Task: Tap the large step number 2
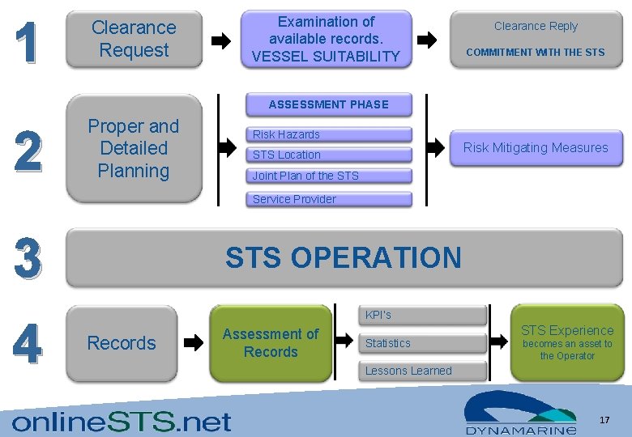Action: click(x=27, y=151)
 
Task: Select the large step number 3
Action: click(x=27, y=258)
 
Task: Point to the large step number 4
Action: click(x=27, y=343)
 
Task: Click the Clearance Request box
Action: click(x=134, y=39)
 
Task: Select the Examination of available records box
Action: click(x=326, y=39)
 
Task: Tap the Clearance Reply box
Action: click(x=536, y=39)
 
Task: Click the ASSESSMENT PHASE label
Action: click(x=328, y=104)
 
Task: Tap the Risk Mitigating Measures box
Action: click(x=535, y=147)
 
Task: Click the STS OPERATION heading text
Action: click(x=343, y=257)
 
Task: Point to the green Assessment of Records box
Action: click(x=271, y=343)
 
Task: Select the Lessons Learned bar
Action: click(x=422, y=371)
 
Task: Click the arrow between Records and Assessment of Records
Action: click(x=194, y=343)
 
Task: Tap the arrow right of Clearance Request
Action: click(x=220, y=40)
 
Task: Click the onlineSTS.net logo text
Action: click(x=122, y=421)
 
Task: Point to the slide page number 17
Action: click(x=604, y=420)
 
